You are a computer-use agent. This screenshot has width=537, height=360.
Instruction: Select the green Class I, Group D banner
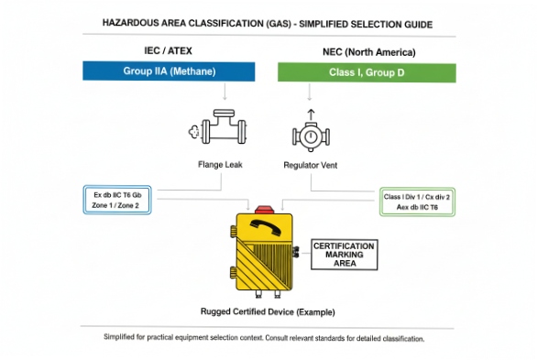(x=367, y=71)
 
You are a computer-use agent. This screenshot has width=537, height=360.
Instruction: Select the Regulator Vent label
(x=311, y=165)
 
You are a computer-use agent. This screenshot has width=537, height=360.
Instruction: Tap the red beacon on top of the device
(x=268, y=209)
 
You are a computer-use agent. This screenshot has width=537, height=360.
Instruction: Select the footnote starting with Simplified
(x=266, y=338)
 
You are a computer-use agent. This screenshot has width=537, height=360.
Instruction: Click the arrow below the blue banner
(x=224, y=93)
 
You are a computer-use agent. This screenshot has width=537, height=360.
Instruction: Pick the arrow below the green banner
(x=311, y=93)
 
